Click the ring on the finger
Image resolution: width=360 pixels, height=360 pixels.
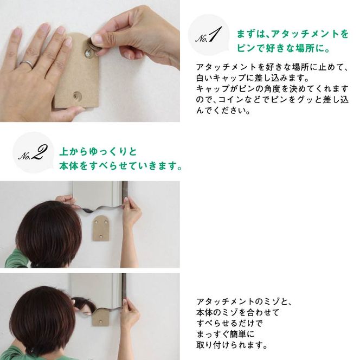tap(25, 65)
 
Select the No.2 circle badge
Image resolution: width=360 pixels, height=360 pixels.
tap(31, 154)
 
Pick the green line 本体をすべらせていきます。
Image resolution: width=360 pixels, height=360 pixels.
tap(120, 165)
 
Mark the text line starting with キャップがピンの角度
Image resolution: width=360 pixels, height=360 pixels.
tap(271, 88)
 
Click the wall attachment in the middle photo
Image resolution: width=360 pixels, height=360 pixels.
tap(100, 227)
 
